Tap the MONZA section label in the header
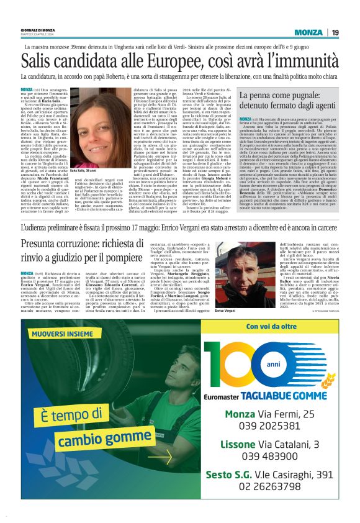tap(308, 32)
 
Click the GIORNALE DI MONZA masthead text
tap(40, 29)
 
